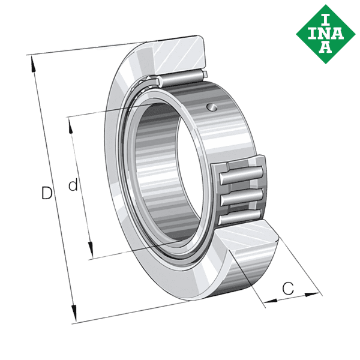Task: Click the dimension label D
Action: (46, 193)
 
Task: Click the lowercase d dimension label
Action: (73, 186)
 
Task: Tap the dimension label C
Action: (288, 289)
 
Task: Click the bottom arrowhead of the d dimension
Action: (91, 251)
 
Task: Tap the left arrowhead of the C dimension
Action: (268, 299)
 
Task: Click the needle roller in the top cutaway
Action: (180, 78)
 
